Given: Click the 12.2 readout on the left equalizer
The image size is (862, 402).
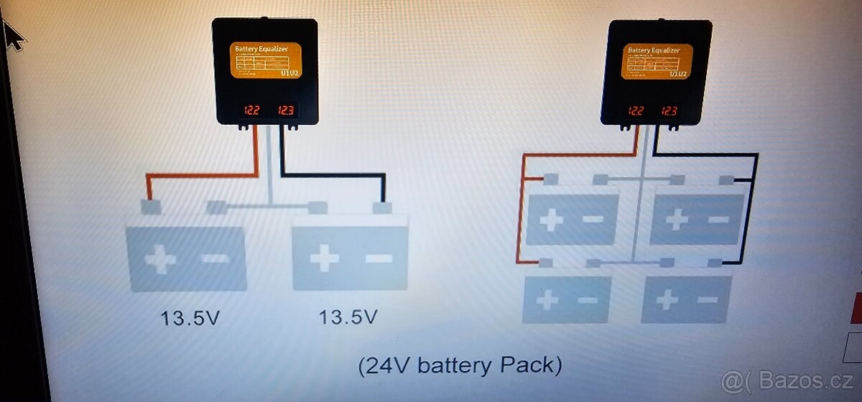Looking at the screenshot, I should tap(251, 111).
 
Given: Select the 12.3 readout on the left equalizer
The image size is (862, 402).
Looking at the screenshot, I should tap(286, 111).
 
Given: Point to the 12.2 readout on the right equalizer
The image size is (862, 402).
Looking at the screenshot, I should tap(636, 111).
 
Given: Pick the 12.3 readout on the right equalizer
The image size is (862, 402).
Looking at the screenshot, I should tap(669, 111).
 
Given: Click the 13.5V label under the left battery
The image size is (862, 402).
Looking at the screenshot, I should tap(190, 317).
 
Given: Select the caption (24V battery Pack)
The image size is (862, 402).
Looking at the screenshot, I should tap(460, 365).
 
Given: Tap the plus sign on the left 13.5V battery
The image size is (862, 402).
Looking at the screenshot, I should tap(160, 259).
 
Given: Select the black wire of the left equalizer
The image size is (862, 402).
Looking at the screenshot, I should tap(330, 174).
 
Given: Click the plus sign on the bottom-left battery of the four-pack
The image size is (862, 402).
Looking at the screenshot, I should tap(547, 299).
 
